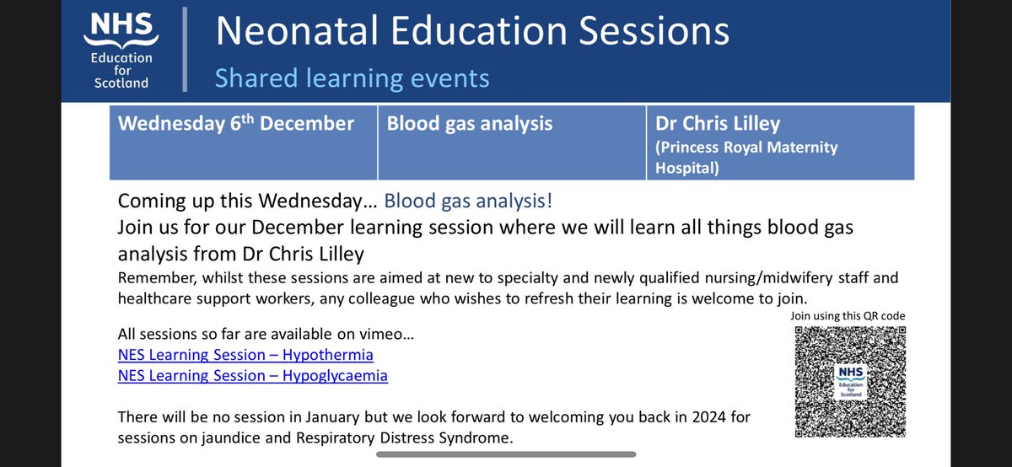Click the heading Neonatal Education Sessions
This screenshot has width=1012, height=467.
coord(471,32)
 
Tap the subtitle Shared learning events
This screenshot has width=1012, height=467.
coord(352,78)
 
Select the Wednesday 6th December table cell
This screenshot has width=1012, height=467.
coord(236,124)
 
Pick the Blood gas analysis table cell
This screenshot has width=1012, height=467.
coord(470,124)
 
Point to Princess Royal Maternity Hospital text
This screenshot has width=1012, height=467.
coord(746,157)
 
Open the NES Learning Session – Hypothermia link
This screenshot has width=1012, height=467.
coord(245,354)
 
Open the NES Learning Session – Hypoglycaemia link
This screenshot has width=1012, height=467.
coord(253,376)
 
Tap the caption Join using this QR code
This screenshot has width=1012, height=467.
coord(847,316)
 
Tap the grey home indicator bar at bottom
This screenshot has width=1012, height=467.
coord(506,454)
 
